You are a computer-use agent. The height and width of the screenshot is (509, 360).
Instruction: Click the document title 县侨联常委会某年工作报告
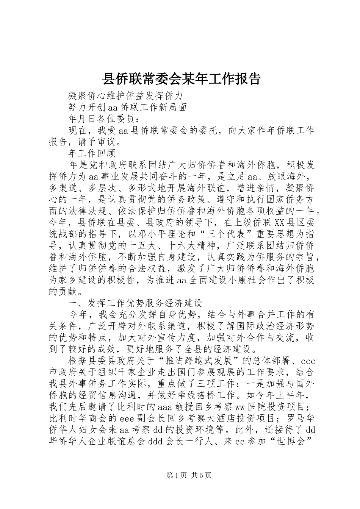click(x=181, y=79)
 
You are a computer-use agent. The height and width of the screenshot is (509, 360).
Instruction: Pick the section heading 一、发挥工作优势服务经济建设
click(x=135, y=303)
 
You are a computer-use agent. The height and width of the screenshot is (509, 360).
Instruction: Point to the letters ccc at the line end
click(x=308, y=361)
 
